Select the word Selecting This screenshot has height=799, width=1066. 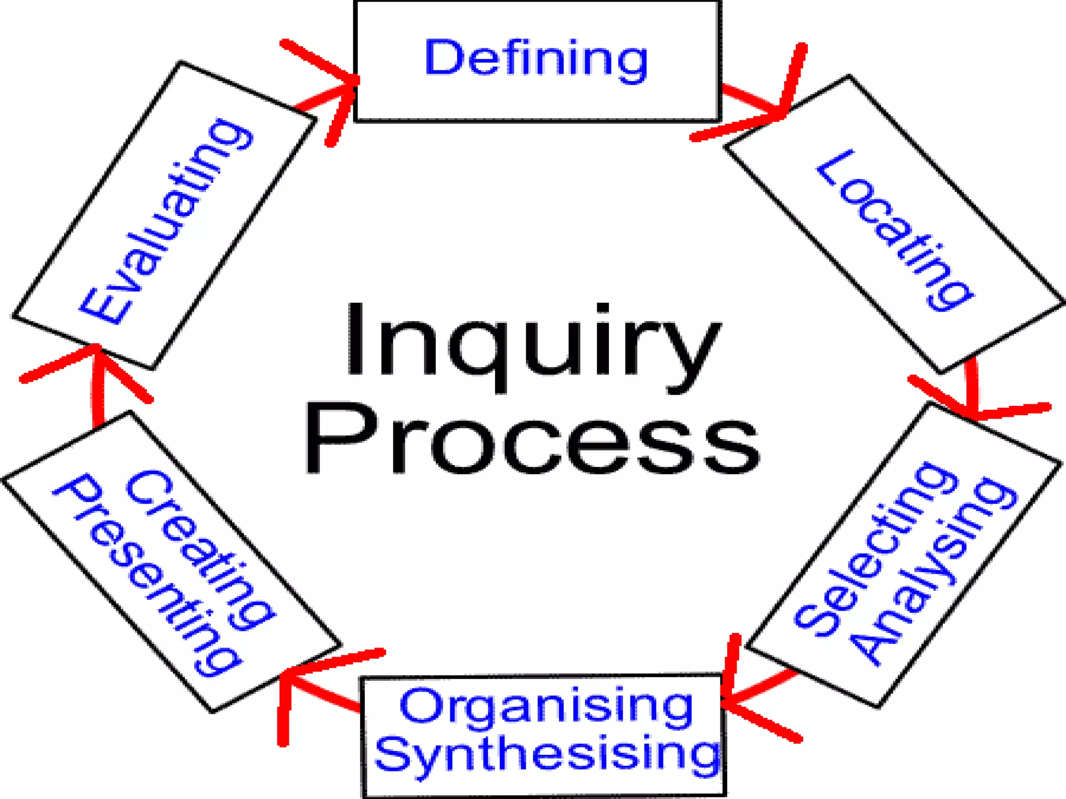pos(874,551)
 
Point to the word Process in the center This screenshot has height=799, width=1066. pos(531,440)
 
